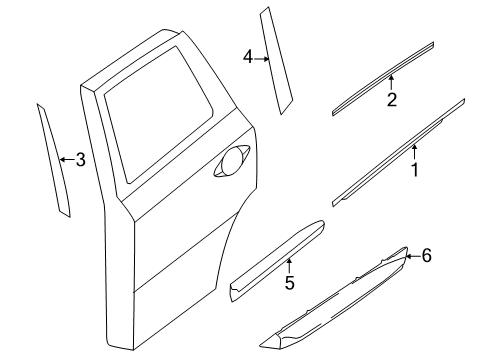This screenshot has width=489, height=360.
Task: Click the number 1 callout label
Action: pos(414,170)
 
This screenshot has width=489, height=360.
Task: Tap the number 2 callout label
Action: pos(392,99)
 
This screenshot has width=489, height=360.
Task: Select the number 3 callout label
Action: pos(81,159)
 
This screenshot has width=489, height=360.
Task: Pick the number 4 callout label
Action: pos(247,58)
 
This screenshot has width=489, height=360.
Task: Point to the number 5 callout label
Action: pos(289,283)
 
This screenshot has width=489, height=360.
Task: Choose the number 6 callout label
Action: pos(426,256)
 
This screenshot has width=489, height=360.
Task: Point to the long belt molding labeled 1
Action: pos(400,150)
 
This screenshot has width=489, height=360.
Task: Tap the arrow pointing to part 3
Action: pos(66,159)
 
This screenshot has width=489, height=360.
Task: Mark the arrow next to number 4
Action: pos(261,58)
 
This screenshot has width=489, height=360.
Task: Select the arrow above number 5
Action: pos(289,265)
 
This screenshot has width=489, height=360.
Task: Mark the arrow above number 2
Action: pos(392,83)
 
